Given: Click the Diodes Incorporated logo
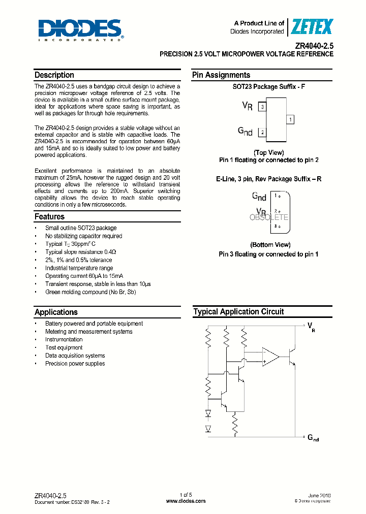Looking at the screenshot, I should [x=80, y=29].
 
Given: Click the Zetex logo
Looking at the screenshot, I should [x=312, y=26].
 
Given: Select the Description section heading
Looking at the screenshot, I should [x=54, y=75].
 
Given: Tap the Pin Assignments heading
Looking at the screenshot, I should [x=221, y=75].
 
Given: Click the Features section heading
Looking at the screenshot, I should [x=49, y=216].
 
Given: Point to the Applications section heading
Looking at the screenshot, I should [x=56, y=312].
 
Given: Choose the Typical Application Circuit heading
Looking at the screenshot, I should [x=238, y=312].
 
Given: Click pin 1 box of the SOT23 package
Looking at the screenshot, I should [x=290, y=120].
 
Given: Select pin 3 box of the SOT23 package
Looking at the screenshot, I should [x=262, y=107].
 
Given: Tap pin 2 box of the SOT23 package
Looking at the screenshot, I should [x=262, y=133].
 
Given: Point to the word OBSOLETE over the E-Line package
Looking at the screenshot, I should [x=269, y=217].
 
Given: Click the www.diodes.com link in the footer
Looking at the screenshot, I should [x=186, y=501].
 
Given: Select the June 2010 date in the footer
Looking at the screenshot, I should [x=320, y=495].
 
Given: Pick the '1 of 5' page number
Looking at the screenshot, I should [x=186, y=495].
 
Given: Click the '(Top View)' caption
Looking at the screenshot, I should [x=268, y=152].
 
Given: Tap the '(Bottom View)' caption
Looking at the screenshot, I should [x=270, y=245].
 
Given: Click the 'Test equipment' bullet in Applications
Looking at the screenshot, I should [x=64, y=347].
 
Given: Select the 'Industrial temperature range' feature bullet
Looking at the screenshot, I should [x=79, y=268].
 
